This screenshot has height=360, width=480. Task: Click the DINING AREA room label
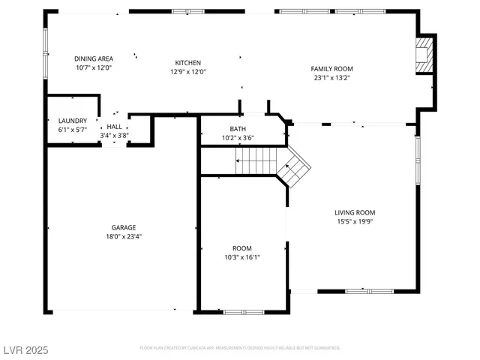pos(94,58)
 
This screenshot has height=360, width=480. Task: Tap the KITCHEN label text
pos(188,63)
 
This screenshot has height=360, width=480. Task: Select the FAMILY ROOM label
pos(332,69)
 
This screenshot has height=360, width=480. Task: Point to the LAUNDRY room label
pos(73,121)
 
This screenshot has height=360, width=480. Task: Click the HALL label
pos(114,127)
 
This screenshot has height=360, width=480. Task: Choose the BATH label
pos(238,128)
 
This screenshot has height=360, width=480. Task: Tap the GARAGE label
pos(124,227)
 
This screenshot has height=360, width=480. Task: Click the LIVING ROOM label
pos(355,212)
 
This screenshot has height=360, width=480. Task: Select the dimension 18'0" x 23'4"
pos(124,236)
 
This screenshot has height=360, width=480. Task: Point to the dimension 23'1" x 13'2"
pos(332,77)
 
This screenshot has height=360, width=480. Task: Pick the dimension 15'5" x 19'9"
pos(355,221)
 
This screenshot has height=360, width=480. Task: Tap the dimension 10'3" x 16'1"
pos(241,257)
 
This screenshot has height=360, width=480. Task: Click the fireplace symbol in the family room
pos(425,55)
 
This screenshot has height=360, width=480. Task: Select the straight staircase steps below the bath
pos(257,160)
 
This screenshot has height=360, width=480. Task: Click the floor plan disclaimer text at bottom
pos(240,348)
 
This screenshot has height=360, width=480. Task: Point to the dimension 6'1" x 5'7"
pos(73,130)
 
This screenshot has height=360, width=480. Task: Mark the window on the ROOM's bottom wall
pos(244,311)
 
